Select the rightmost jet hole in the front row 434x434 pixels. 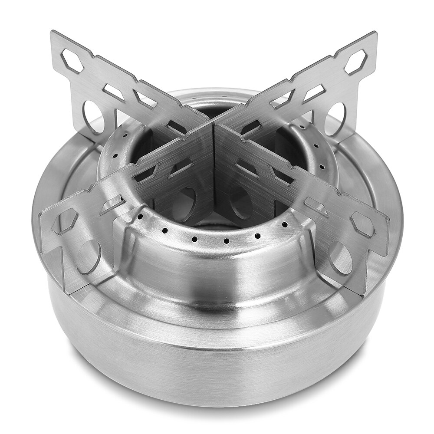[285, 225]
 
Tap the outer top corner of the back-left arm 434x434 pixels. [53, 33]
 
